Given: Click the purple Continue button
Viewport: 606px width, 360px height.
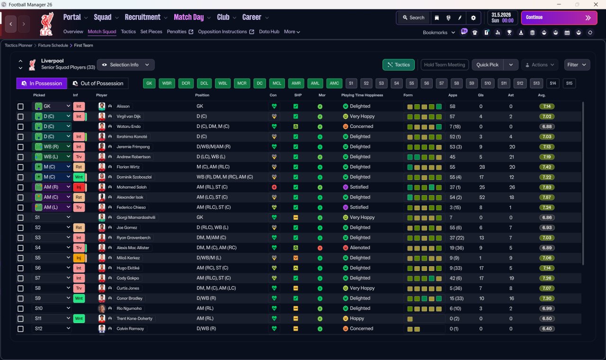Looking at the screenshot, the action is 559,18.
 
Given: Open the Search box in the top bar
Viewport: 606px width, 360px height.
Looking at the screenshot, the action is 413,18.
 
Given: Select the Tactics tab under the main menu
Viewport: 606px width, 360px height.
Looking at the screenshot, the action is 128,32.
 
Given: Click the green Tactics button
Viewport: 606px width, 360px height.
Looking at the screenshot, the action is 398,65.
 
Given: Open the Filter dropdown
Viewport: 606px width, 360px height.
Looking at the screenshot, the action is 577,65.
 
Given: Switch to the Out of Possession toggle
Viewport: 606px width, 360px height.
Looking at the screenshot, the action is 98,83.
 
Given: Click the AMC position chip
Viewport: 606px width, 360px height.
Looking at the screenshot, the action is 334,83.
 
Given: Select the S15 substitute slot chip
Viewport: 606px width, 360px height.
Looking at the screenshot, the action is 569,83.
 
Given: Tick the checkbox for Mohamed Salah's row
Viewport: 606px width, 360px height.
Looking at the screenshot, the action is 20,187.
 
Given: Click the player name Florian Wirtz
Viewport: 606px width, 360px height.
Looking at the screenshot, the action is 128,167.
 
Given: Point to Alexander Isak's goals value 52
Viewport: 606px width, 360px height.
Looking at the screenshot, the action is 482,198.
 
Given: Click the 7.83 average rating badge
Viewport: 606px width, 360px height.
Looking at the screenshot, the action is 547,187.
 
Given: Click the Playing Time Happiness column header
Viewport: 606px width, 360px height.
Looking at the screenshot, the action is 362,95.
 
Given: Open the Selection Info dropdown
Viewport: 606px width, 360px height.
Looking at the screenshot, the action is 126,65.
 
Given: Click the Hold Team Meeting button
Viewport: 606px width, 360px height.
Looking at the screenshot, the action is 445,65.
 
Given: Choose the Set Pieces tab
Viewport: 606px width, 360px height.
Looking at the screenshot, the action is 151,32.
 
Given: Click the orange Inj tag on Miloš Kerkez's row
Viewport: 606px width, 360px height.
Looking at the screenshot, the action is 79,258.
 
